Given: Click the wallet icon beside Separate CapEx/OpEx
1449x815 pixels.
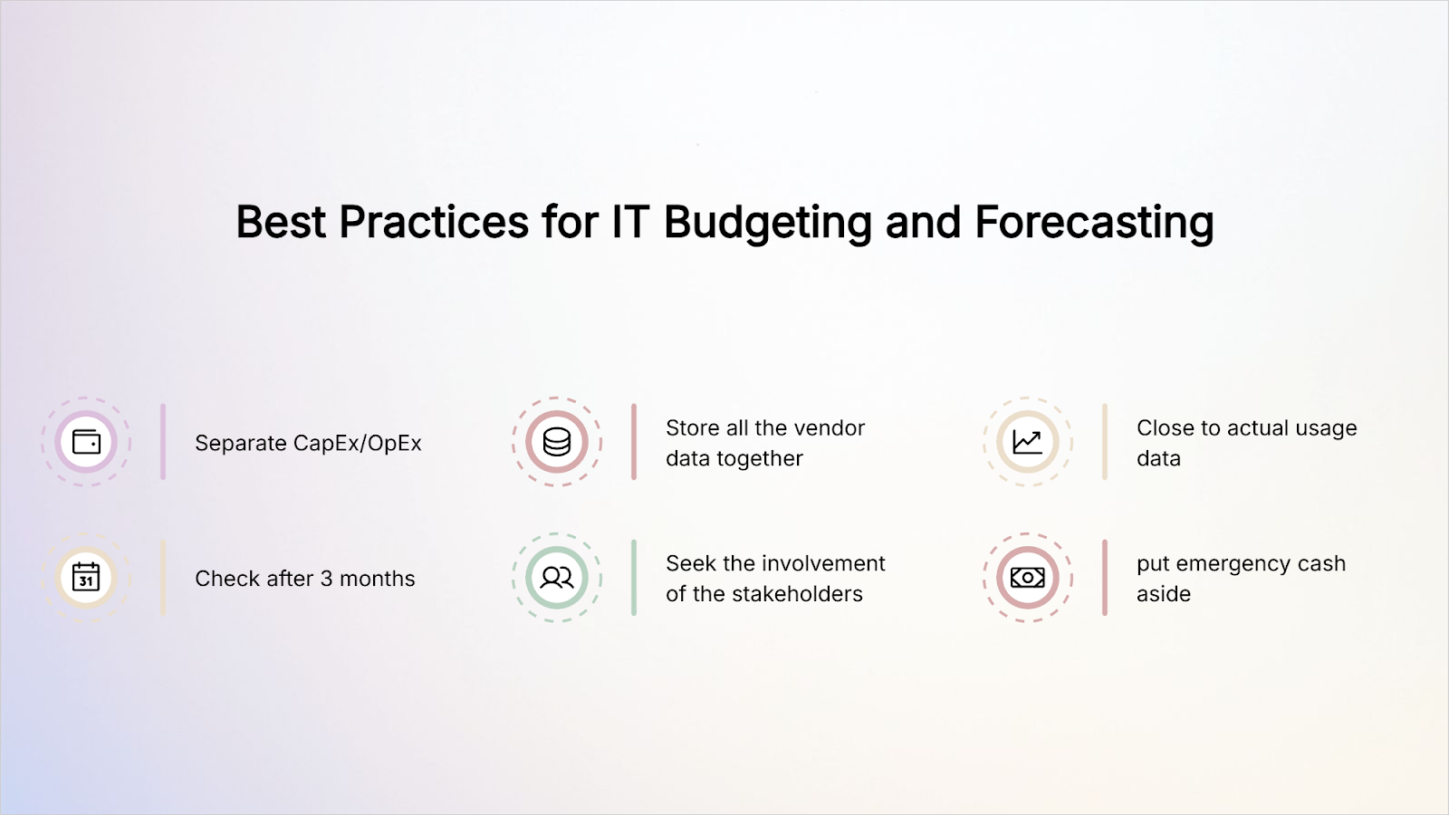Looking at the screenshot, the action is (86, 443).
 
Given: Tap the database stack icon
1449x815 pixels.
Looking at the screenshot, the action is (557, 443).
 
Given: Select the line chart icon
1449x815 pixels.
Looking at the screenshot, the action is (1027, 443).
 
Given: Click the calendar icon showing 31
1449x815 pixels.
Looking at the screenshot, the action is (86, 577).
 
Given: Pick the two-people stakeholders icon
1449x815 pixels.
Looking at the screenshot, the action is (557, 578).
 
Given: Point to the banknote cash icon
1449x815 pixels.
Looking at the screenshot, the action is (1027, 578).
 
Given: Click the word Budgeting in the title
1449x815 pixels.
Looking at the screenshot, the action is (768, 223).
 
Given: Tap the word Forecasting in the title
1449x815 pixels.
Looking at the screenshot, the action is (1094, 223).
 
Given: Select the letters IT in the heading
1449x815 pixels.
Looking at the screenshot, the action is (630, 222).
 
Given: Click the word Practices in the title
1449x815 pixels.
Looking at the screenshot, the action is (434, 222).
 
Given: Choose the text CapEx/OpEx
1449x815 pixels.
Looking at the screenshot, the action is (357, 443).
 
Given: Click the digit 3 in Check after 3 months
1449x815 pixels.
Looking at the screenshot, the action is (327, 579).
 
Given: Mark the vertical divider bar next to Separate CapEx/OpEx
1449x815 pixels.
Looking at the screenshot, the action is (163, 442).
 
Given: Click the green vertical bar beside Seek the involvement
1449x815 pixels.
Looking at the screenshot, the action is (634, 578).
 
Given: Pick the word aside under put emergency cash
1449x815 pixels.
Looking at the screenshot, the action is (1164, 594).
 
